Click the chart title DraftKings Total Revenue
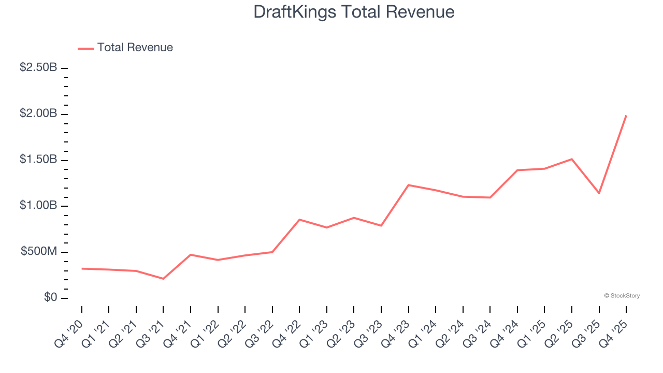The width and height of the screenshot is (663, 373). (354, 12)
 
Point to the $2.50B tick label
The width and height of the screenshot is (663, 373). (38, 68)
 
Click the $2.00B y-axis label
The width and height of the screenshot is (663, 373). (38, 114)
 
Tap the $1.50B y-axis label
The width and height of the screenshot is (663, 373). (38, 160)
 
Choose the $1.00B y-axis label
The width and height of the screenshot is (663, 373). (38, 206)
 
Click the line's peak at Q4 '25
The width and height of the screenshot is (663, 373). (626, 116)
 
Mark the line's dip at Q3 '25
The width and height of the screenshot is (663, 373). (599, 193)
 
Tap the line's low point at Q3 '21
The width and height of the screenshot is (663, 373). (163, 279)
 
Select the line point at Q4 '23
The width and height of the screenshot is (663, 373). (409, 185)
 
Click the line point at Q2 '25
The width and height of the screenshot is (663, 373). (572, 159)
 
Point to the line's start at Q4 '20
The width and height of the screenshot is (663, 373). (82, 268)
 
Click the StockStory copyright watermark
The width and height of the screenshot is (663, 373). (622, 296)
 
